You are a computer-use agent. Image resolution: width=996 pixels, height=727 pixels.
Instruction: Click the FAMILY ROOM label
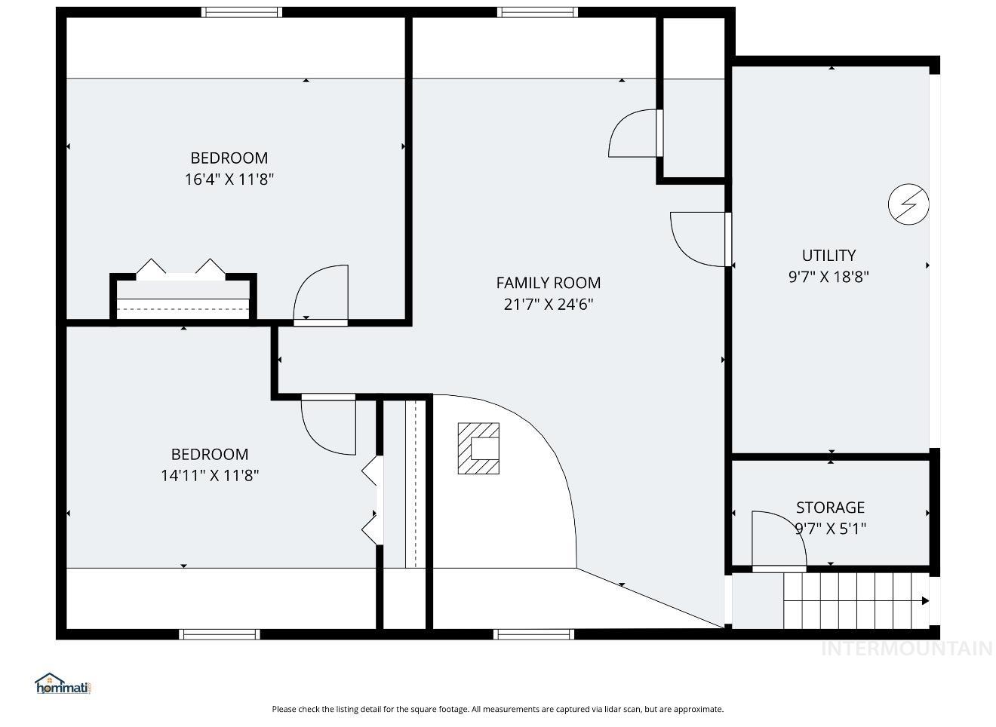click(x=548, y=283)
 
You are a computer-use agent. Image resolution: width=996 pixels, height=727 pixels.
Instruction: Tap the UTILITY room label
click(x=828, y=255)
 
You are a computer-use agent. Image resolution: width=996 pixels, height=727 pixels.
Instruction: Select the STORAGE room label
click(x=830, y=508)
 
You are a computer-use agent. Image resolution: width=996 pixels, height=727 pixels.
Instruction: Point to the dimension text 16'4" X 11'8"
click(x=229, y=179)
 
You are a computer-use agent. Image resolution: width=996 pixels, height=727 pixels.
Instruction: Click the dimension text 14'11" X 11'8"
click(x=210, y=476)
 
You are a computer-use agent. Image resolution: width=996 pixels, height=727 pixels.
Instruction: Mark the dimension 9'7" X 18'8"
click(x=828, y=277)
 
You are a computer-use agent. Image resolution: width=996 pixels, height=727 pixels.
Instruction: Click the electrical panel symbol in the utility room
click(x=908, y=204)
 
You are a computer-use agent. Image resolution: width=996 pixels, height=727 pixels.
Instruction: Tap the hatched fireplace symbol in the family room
click(x=478, y=449)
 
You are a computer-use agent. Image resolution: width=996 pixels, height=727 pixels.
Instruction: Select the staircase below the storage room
click(x=856, y=600)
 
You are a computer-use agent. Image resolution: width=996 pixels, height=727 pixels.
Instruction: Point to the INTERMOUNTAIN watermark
click(x=906, y=649)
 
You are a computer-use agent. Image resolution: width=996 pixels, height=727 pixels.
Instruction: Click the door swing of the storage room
click(x=777, y=539)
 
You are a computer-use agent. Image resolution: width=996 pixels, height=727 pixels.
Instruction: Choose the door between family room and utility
click(x=699, y=239)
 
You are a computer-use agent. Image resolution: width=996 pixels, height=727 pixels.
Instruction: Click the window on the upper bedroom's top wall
click(x=241, y=12)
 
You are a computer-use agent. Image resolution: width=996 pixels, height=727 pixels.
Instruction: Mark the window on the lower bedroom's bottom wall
click(x=220, y=634)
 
